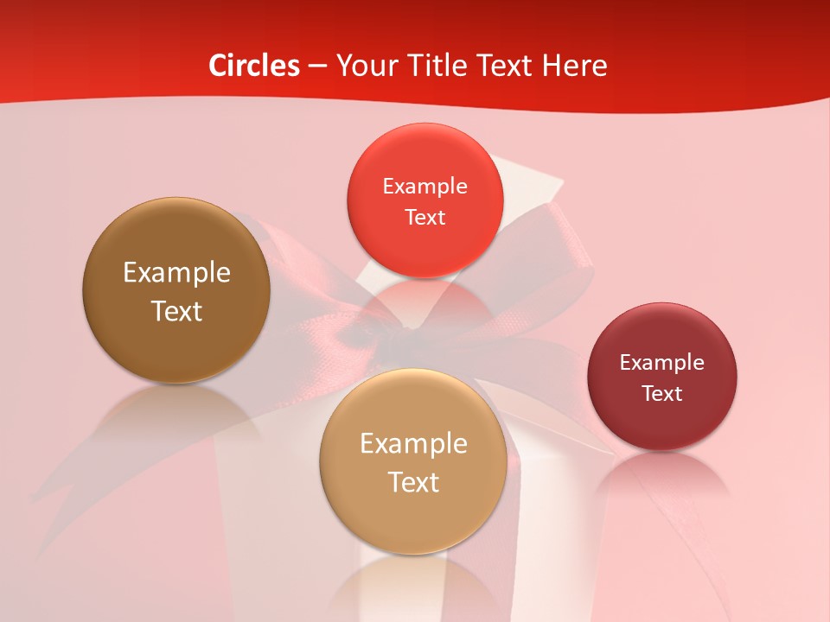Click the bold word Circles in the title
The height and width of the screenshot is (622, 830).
254,66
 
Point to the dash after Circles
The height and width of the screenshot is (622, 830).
316,67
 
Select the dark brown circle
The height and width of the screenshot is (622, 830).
176,346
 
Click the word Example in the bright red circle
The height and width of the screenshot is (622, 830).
425,187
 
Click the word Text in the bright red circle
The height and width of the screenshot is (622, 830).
425,217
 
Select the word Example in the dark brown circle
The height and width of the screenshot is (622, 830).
176,273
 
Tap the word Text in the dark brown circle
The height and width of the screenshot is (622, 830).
176,311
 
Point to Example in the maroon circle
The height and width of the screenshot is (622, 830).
662,363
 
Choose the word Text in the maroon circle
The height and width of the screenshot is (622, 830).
662,393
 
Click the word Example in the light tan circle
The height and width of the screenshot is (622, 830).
413,444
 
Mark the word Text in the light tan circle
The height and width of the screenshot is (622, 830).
413,482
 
